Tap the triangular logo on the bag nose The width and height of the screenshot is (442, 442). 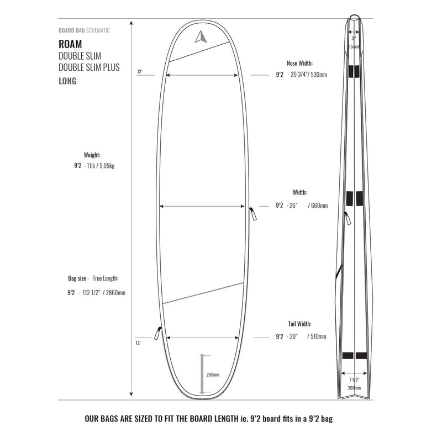[199, 36]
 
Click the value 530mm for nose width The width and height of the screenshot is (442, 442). [319, 75]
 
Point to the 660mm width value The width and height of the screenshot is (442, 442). [319, 206]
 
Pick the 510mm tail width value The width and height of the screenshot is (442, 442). [318, 336]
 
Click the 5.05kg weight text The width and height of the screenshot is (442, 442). [105, 166]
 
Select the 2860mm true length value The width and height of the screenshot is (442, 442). [115, 292]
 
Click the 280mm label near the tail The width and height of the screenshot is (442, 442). [213, 375]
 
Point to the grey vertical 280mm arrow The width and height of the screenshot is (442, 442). [203, 374]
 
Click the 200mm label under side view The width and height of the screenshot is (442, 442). [354, 388]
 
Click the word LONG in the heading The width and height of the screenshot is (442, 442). [67, 81]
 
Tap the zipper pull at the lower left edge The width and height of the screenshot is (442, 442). [157, 333]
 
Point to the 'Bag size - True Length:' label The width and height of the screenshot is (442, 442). [94, 278]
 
